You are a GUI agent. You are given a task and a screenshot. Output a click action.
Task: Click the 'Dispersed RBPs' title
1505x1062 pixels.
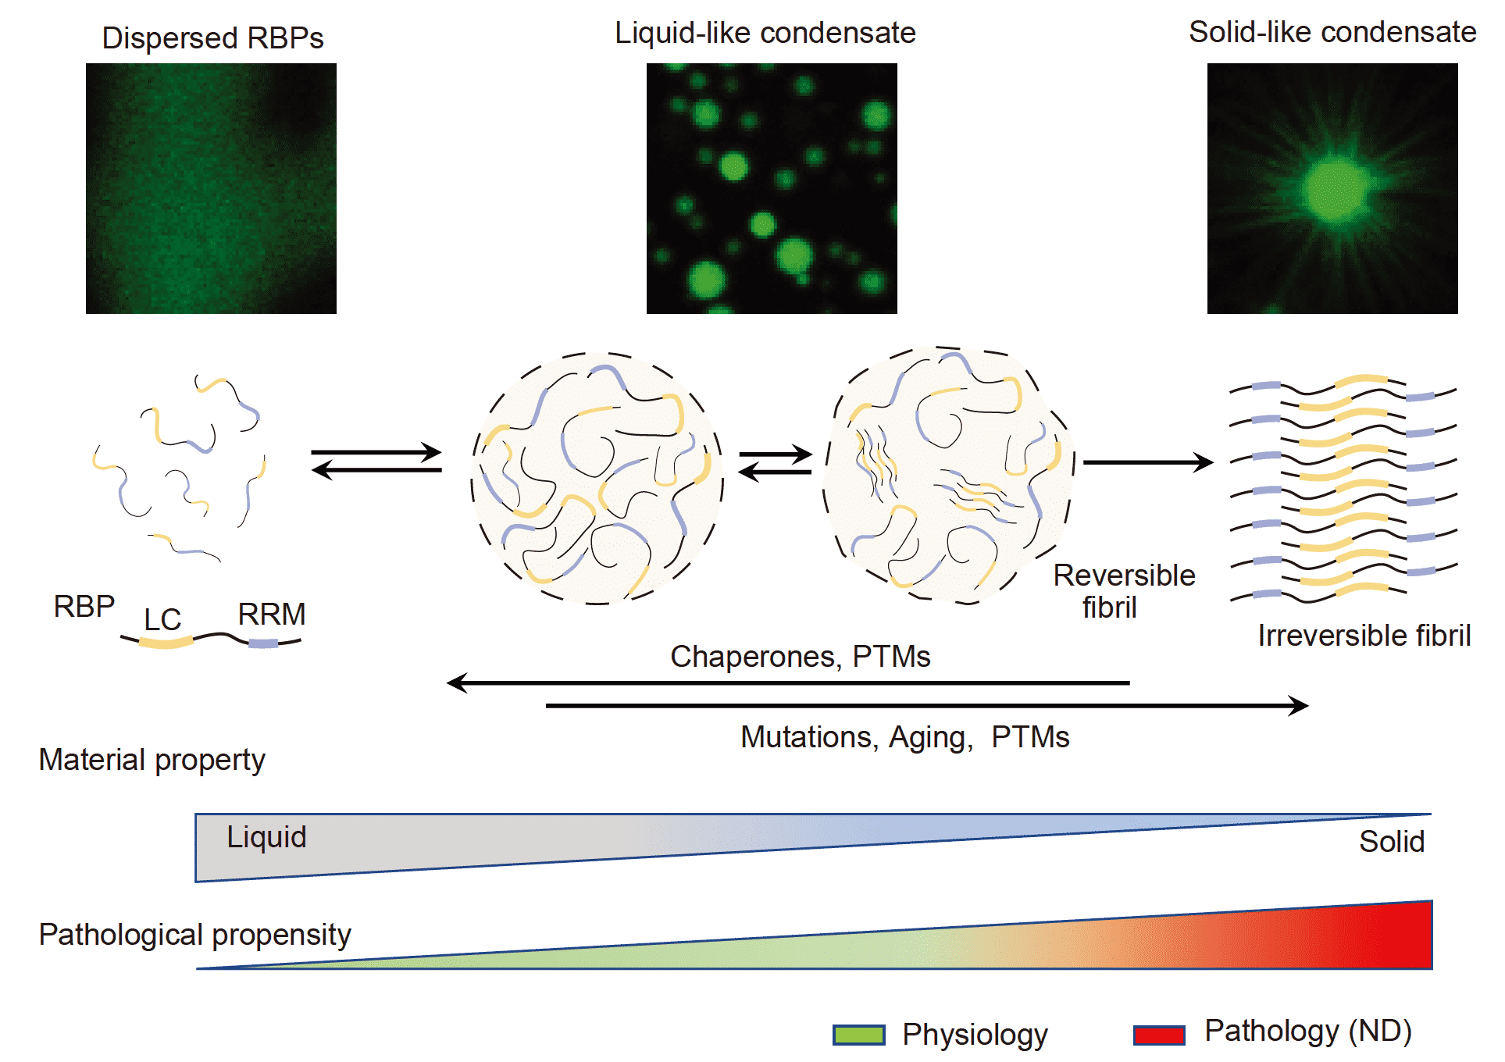[x=212, y=37]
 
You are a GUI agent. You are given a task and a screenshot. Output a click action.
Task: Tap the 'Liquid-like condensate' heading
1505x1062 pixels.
[x=765, y=33]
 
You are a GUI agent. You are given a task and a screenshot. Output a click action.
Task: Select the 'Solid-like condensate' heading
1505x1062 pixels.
[x=1332, y=32]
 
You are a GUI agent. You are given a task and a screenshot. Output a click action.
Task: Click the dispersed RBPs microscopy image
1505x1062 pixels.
[x=211, y=188]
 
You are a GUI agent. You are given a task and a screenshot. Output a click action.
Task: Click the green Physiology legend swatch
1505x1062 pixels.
[x=858, y=1035]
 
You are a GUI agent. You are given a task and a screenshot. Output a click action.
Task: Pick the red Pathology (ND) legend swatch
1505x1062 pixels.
[x=1159, y=1035]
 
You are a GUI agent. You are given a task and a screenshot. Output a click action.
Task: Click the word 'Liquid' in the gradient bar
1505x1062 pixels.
[x=266, y=837]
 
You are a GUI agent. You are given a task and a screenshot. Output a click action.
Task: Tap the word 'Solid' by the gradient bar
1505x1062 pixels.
[x=1391, y=842]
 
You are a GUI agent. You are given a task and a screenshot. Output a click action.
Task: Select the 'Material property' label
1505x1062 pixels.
[x=152, y=760]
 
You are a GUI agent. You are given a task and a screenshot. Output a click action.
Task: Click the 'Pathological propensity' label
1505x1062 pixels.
[x=194, y=935]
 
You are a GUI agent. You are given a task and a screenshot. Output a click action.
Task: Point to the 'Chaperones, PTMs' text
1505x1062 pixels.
[x=800, y=657]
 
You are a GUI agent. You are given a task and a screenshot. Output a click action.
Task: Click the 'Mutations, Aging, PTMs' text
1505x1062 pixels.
[x=904, y=737]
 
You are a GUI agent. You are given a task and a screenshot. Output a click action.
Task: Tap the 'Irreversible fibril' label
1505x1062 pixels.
[x=1364, y=636]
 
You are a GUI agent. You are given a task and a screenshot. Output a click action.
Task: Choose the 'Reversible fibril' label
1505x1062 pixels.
[x=1123, y=591]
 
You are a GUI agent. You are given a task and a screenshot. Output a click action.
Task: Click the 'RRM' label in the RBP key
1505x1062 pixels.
[x=271, y=615]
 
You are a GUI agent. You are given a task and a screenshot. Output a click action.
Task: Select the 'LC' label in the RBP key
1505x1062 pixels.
[x=162, y=620]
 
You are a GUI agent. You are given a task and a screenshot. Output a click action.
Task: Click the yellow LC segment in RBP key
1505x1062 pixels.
[x=166, y=643]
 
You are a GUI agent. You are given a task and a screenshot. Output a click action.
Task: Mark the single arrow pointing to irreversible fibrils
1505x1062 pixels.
[x=1147, y=462]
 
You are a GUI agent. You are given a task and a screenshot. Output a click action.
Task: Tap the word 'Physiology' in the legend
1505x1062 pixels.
[x=975, y=1035]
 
